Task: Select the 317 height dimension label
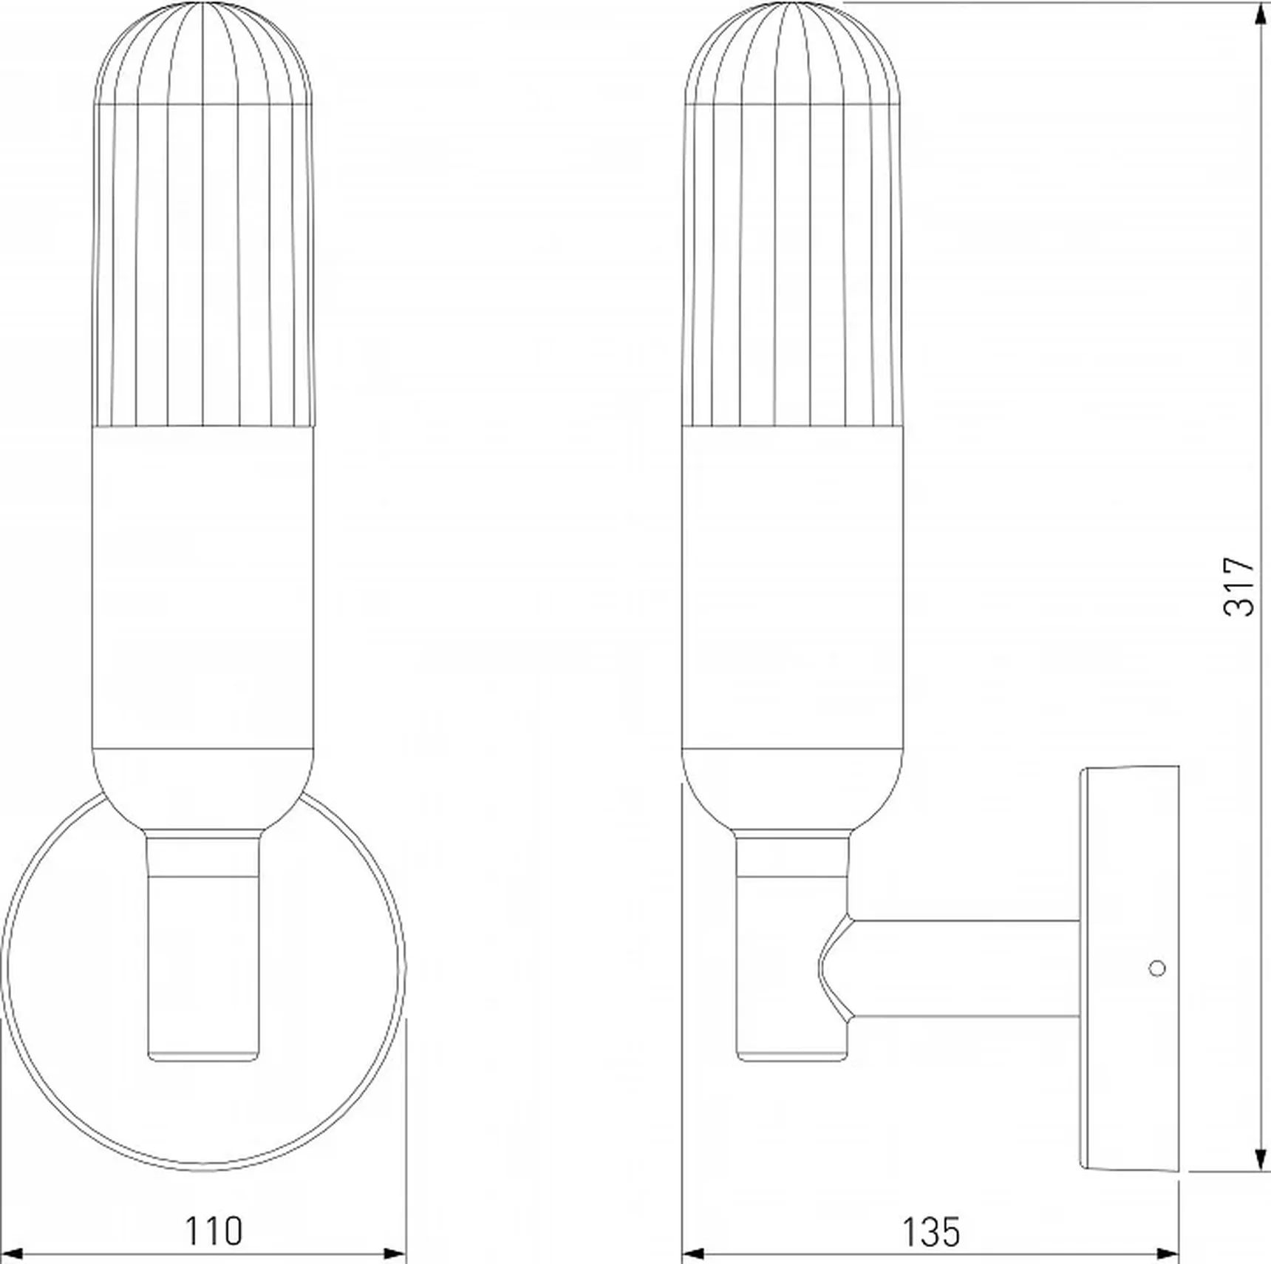[x=1239, y=587]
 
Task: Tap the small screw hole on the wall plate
[x=1158, y=967]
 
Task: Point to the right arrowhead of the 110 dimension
[x=395, y=1254]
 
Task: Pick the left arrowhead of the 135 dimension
[x=692, y=1254]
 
